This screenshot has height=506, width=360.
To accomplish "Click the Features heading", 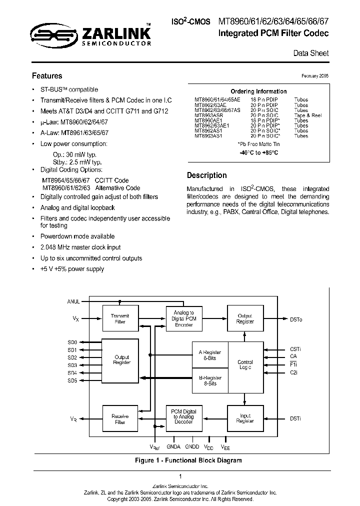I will pos(47,76).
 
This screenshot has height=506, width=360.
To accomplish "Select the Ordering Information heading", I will pos(258,91).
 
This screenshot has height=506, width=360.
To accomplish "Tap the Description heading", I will pos(206,175).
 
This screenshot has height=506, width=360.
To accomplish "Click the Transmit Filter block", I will pos(120,319).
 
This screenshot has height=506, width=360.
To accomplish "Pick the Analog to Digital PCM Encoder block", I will pos(183,318).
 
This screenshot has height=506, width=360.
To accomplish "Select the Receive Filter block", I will pos(120,419).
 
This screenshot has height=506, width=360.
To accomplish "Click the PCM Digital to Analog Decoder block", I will pos(183,416).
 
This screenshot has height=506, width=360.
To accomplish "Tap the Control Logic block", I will pos(245,364).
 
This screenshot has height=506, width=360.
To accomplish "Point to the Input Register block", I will pos(245,418).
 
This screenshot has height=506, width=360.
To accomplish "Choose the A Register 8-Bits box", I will pos(210,355).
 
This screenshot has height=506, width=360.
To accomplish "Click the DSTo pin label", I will pos(296,319).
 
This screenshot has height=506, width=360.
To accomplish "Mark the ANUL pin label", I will pos(73,301).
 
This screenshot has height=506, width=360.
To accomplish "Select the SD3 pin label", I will pos(72,365).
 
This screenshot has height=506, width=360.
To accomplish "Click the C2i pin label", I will pos(294,373).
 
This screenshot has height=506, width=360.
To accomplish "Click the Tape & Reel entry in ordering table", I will pos(308,115).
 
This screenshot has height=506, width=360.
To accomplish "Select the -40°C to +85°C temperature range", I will pos(258,152).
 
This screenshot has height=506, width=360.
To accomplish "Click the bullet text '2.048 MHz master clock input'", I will pos(80,247).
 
